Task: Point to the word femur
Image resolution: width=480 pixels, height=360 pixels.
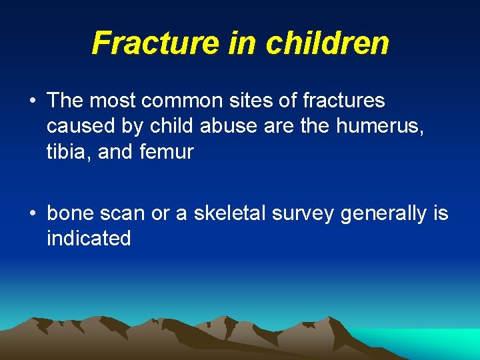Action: click(x=167, y=152)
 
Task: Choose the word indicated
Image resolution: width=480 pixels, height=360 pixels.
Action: click(x=89, y=239)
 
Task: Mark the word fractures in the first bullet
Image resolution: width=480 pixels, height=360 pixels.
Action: click(x=344, y=101)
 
